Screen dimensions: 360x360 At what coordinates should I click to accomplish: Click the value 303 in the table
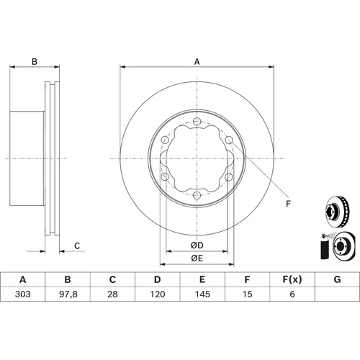tap(23, 294)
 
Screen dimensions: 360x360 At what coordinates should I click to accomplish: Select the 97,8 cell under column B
tap(68, 294)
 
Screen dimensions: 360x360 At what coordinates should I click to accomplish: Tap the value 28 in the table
tap(112, 294)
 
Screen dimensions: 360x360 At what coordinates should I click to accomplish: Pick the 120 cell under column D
tap(158, 294)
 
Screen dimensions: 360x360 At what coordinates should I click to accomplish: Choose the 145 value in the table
tap(202, 294)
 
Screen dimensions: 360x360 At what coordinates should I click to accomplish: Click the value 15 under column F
tap(247, 294)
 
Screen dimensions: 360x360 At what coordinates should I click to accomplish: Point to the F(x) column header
tap(292, 279)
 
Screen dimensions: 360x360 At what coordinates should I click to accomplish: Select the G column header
tap(337, 279)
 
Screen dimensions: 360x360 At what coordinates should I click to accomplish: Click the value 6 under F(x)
tap(292, 294)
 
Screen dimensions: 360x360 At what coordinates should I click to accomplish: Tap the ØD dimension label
tap(197, 246)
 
